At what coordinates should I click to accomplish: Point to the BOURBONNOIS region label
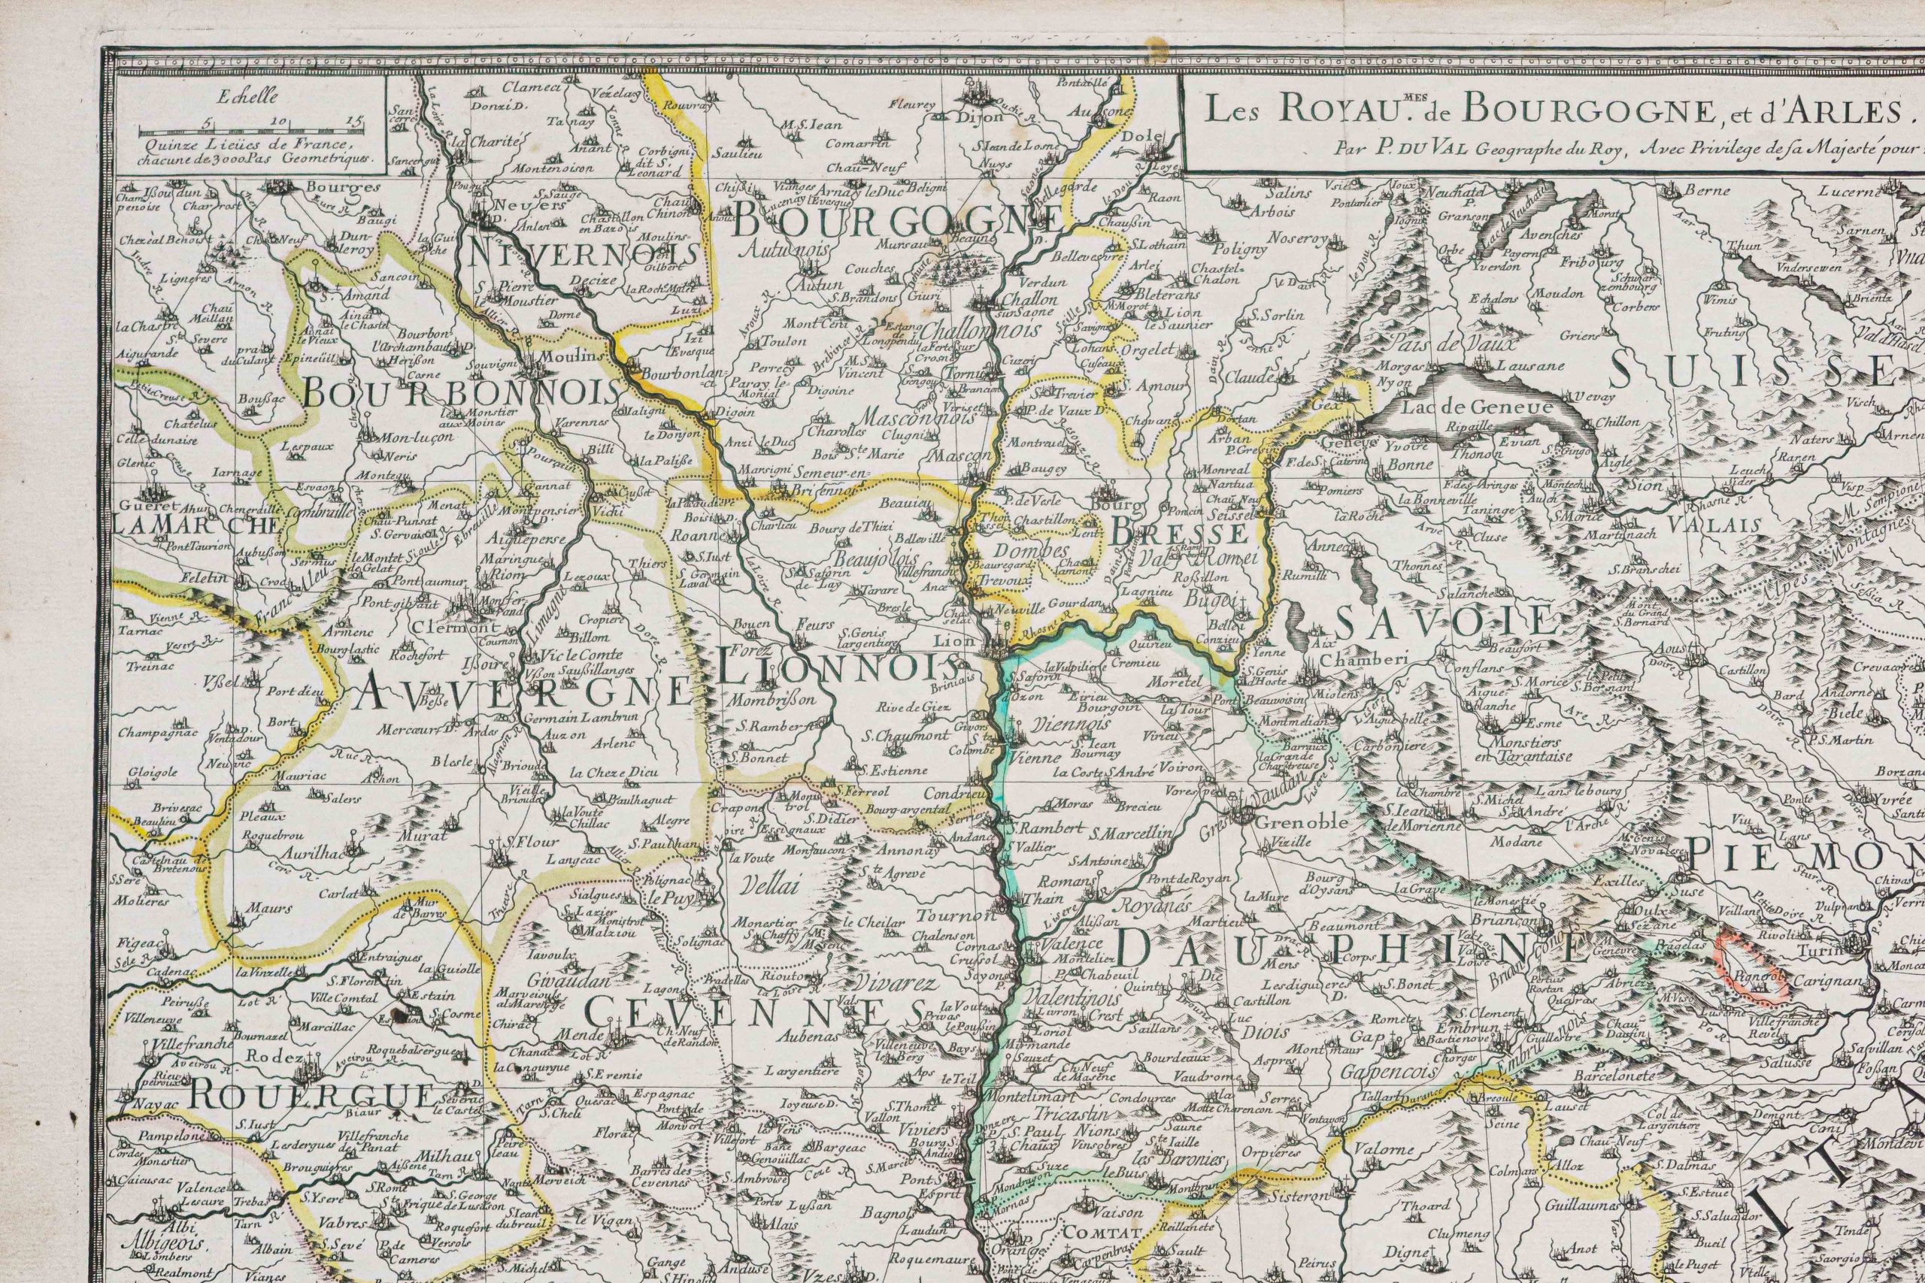tap(461, 394)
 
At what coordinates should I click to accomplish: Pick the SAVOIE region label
tap(1445, 622)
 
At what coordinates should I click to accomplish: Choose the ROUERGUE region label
tap(312, 1097)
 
